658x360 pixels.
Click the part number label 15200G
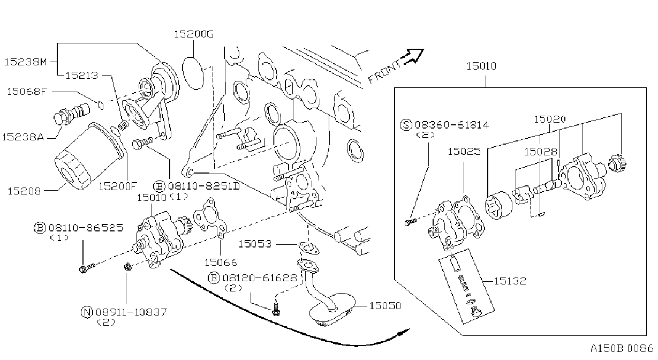pyautogui.click(x=194, y=34)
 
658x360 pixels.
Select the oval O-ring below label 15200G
pyautogui.click(x=193, y=73)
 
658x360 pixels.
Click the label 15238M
pyautogui.click(x=26, y=62)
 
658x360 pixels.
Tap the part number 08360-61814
pyautogui.click(x=452, y=125)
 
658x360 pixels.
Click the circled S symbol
pyautogui.click(x=406, y=125)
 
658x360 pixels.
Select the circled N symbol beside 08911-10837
pyautogui.click(x=87, y=312)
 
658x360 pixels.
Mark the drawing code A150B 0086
pyautogui.click(x=622, y=348)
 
